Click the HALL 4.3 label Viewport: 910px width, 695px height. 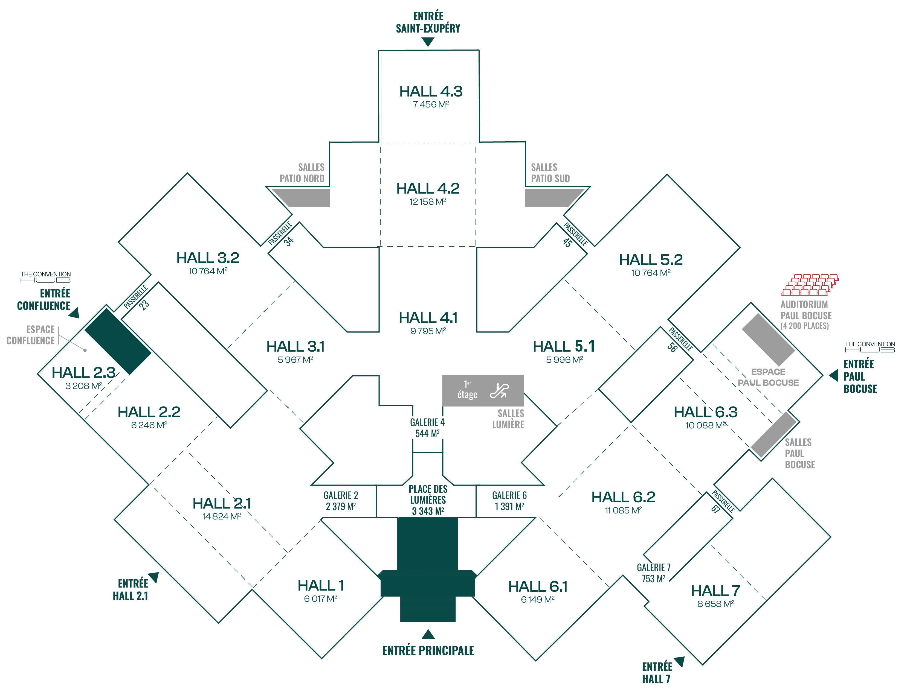pos(431,91)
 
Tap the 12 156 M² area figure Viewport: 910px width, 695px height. pos(428,202)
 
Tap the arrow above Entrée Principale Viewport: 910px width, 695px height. pos(428,634)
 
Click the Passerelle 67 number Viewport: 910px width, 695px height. pos(716,509)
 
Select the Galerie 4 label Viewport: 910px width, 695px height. pos(427,422)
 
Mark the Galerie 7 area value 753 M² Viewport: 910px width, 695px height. pos(653,579)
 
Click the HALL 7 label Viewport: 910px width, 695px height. pos(715,591)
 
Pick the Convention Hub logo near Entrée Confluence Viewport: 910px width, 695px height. pos(45,277)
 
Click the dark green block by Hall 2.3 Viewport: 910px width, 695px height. pos(118,341)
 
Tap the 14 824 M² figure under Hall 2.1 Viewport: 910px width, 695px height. pos(222,516)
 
